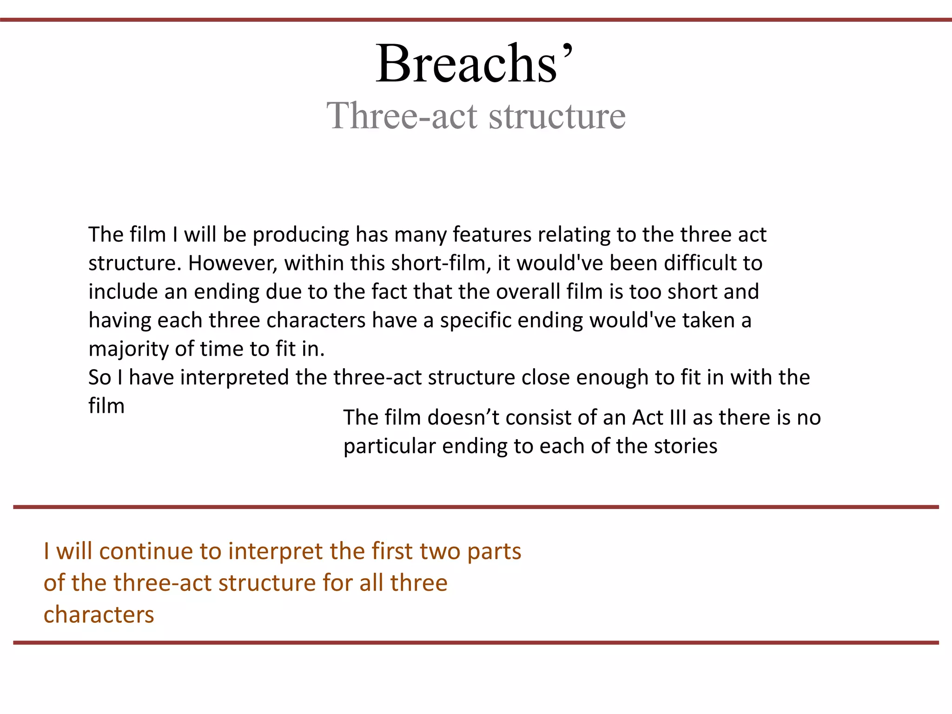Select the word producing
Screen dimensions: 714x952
coord(301,235)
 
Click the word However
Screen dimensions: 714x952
coord(232,264)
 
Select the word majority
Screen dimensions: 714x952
coord(129,350)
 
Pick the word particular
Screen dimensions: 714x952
coord(390,446)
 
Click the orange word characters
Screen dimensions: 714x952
coord(99,615)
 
